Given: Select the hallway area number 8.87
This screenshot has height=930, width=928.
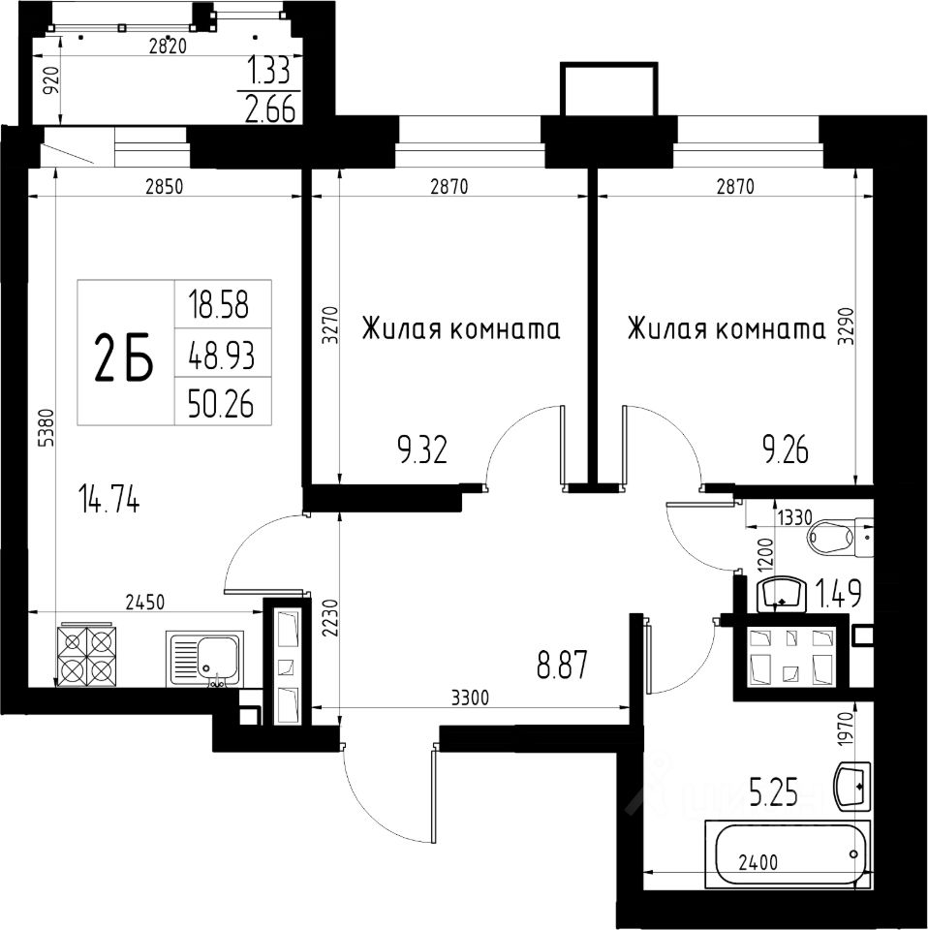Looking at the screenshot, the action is click(562, 665).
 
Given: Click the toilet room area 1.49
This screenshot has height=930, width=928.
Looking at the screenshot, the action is click(840, 594).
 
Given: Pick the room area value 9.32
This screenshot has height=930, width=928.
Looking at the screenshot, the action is click(422, 450).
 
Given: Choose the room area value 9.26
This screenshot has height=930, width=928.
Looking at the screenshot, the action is click(785, 450).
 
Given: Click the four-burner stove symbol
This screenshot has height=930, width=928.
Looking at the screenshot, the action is click(86, 655).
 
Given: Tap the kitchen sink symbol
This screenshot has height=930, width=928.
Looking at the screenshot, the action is click(204, 659).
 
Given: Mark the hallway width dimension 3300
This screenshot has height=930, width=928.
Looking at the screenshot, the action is click(470, 698).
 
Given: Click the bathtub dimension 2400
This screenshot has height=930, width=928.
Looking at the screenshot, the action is click(758, 862).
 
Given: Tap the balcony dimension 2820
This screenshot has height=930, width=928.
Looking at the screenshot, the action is click(168, 46).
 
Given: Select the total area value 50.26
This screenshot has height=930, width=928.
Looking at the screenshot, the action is click(221, 405).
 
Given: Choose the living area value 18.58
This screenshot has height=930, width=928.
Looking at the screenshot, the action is click(218, 305).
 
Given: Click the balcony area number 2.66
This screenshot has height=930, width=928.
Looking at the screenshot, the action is click(270, 109).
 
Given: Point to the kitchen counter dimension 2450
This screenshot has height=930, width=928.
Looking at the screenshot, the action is click(144, 603).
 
